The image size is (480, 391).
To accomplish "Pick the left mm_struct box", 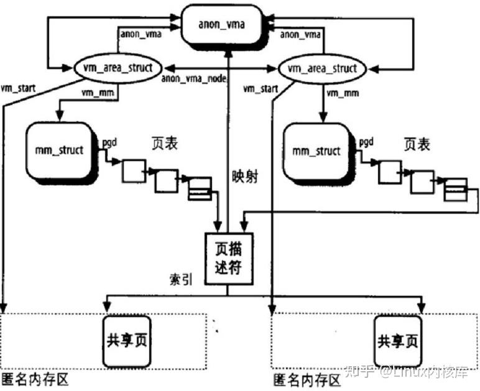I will pyautogui.click(x=60, y=149).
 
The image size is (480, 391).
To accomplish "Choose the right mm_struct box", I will pyautogui.click(x=316, y=150).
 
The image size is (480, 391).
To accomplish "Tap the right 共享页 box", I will pyautogui.click(x=397, y=341).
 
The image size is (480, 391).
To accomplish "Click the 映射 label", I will pyautogui.click(x=244, y=176).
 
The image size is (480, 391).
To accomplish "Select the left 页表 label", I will pyautogui.click(x=165, y=143).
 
